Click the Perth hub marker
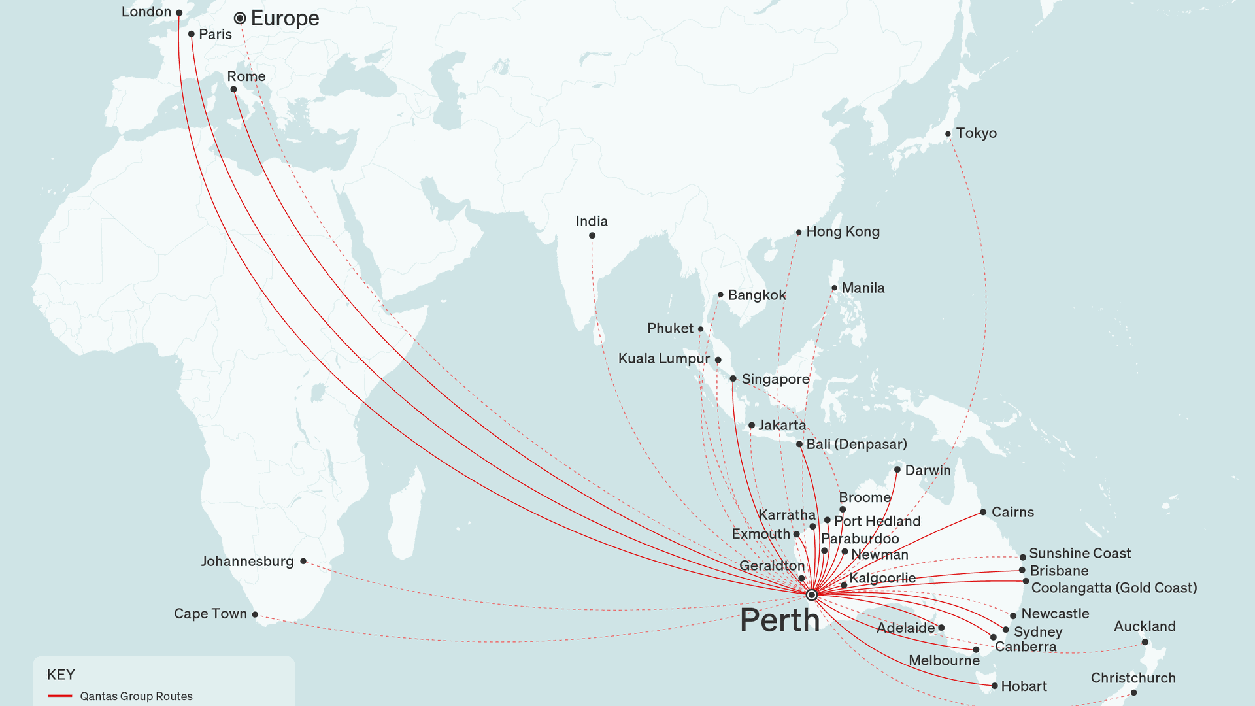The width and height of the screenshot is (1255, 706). pos(811,595)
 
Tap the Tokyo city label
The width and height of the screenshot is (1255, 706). pos(976,133)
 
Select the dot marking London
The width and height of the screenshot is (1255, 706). pos(179,13)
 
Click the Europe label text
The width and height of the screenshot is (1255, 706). pos(285,18)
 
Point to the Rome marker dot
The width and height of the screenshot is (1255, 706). pos(233,90)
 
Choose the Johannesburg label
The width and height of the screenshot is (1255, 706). pos(247,562)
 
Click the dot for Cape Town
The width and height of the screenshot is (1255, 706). pos(255,614)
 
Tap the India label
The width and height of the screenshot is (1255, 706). pos(592,222)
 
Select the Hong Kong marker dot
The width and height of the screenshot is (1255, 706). pos(798,233)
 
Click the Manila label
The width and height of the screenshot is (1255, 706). pos(863,288)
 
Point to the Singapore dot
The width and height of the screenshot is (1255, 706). pos(733,378)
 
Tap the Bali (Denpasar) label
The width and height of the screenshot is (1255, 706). pos(856,445)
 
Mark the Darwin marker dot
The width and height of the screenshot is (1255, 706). pos(897,469)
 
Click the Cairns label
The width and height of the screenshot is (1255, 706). pos(1012,513)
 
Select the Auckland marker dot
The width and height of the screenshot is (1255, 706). pos(1145,642)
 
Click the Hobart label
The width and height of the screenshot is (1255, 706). pos(1024,686)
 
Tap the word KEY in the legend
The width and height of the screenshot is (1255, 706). pos(61,675)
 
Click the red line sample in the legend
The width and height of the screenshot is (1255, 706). pos(60,696)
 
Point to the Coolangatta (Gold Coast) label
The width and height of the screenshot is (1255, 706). pos(1114,588)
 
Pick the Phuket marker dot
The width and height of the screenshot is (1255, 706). pos(700,329)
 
